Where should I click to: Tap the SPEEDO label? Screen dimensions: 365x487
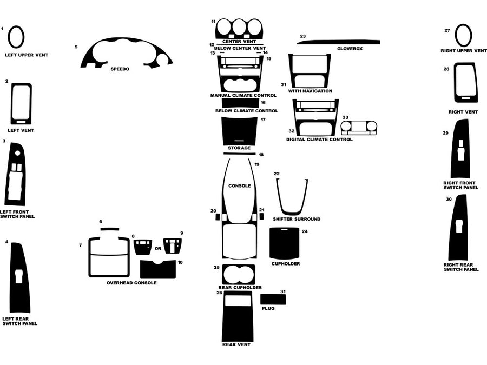(x=120, y=69)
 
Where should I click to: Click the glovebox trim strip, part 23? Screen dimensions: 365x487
(x=339, y=42)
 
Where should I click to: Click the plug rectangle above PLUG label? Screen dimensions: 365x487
(x=273, y=299)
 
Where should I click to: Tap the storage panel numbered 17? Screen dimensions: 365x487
(x=239, y=130)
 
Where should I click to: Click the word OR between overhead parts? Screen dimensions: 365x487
(x=158, y=249)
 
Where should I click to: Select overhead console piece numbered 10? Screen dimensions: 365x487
(x=157, y=269)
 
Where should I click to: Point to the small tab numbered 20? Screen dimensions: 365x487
(x=218, y=217)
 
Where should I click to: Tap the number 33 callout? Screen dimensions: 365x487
(x=345, y=117)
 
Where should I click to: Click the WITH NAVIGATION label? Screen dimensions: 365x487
(x=311, y=91)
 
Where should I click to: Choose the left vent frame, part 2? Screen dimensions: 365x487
(x=21, y=104)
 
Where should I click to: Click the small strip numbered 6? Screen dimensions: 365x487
(x=109, y=229)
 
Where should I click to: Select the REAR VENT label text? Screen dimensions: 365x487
(x=236, y=344)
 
